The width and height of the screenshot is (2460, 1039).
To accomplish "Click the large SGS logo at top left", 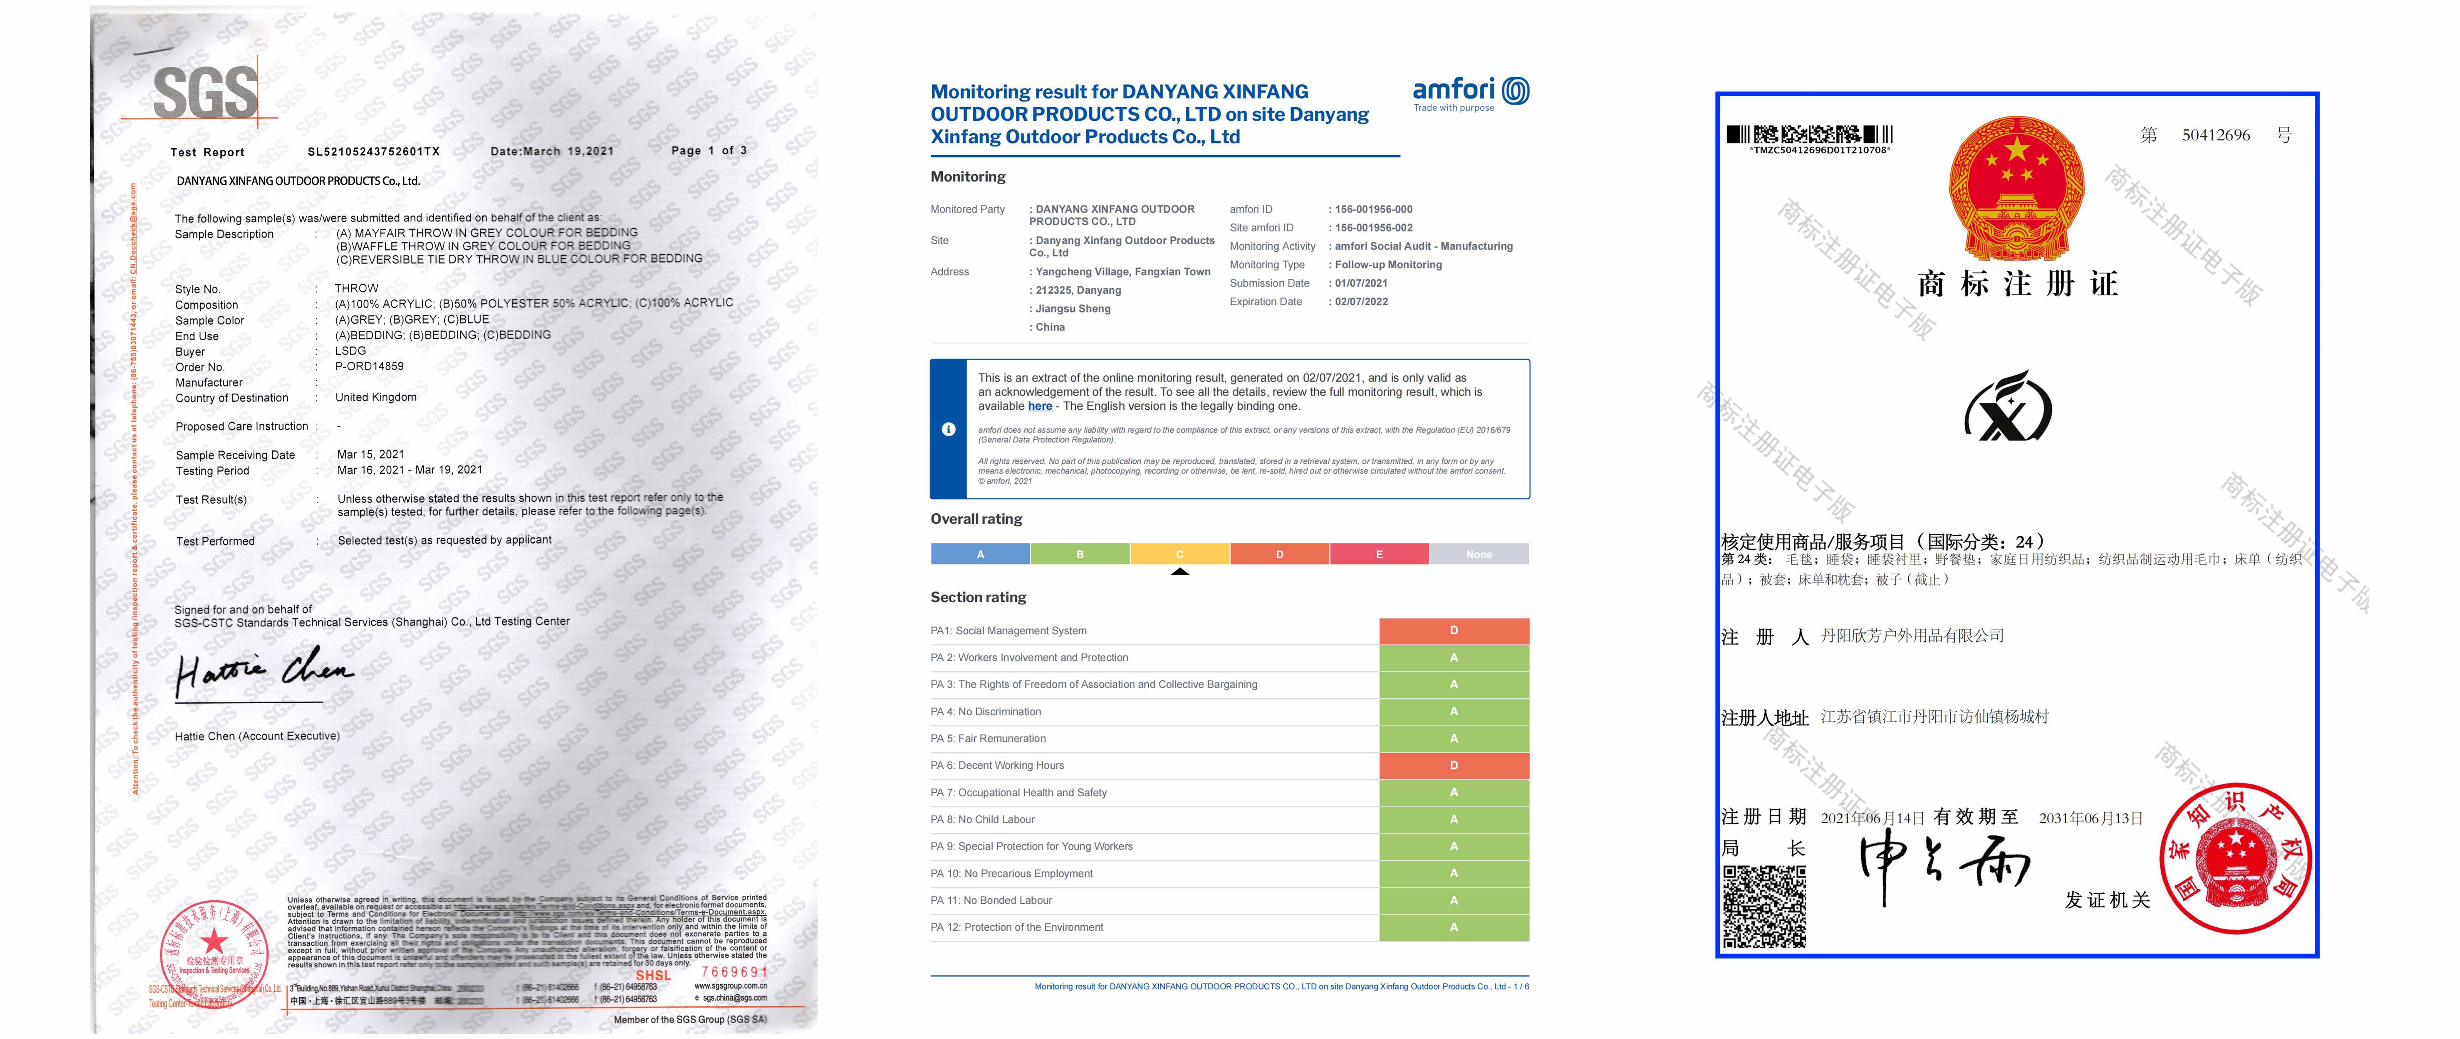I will (x=205, y=93).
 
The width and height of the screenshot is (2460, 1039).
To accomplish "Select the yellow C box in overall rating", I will (x=1179, y=554).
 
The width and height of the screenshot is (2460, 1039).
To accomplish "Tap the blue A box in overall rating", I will (x=980, y=554).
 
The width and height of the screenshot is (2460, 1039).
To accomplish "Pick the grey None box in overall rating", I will (x=1478, y=554).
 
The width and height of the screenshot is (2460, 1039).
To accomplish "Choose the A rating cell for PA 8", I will (x=1454, y=819).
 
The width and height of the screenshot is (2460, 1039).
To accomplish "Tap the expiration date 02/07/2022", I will (x=1361, y=302).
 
